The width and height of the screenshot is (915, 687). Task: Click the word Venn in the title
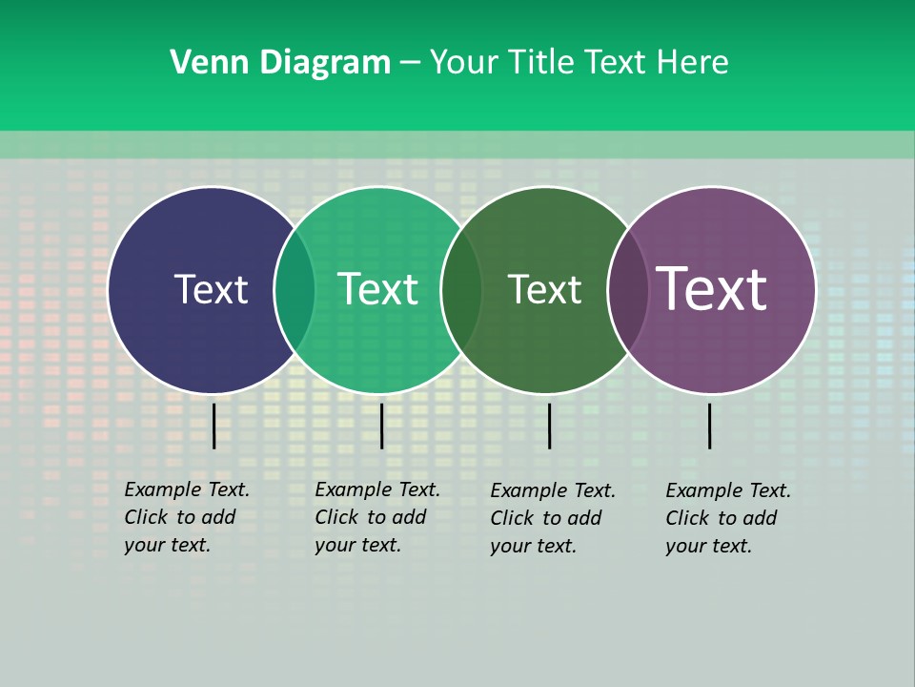point(205,63)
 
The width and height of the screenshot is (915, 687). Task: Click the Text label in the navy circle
point(211,289)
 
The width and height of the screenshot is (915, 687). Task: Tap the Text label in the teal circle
point(378,289)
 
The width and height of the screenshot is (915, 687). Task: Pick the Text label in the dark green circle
point(544,289)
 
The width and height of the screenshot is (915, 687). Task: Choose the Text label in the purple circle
point(712,289)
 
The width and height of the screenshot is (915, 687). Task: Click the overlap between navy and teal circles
point(295,290)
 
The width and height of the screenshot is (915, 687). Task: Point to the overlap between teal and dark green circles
point(461,290)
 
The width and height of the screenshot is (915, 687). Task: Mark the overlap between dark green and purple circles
point(628,290)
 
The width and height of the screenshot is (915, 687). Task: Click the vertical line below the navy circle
point(214,426)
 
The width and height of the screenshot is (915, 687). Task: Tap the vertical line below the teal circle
point(381,426)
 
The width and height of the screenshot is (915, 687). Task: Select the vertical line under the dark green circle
point(549,426)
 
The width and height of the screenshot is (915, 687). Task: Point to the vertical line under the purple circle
point(710,426)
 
